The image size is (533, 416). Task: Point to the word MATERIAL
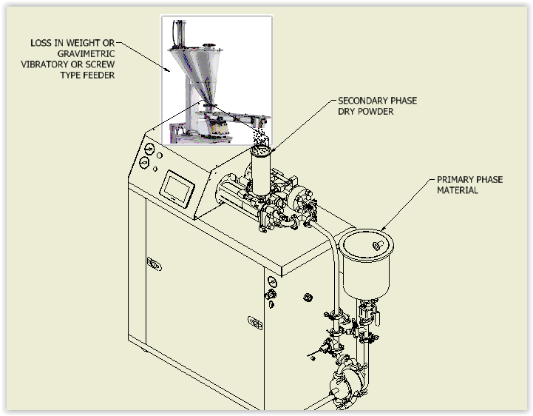point(458,190)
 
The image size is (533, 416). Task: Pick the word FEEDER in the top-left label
point(98,75)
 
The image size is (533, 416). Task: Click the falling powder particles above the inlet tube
point(259,137)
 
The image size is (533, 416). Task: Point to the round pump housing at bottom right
point(346,378)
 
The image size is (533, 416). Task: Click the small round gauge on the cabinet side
point(273,282)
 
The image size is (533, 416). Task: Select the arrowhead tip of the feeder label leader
point(172,72)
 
